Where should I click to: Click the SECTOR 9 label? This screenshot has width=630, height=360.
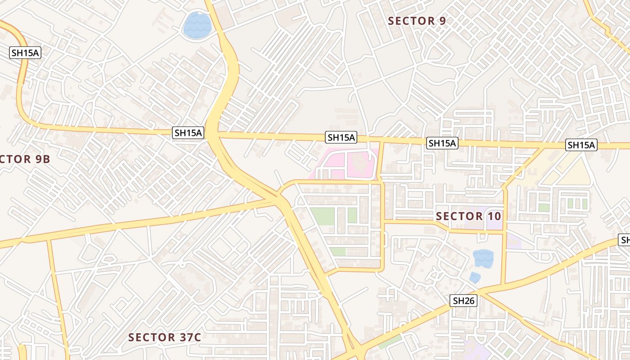418,21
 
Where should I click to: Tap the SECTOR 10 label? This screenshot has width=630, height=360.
468,216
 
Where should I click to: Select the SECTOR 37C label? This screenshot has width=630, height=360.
164,337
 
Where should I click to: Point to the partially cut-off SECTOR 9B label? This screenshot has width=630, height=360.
25,159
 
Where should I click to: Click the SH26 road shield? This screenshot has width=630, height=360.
464,301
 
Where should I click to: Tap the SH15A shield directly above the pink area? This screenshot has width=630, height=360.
342,137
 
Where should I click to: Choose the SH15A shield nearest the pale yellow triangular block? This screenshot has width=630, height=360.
581,145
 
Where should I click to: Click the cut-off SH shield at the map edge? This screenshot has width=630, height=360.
625,240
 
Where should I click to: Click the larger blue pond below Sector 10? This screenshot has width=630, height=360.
483,258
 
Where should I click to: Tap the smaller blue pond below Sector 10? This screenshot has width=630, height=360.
474,277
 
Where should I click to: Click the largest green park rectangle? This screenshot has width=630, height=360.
323,216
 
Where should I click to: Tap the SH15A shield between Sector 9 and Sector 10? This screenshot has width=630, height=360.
442,143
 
